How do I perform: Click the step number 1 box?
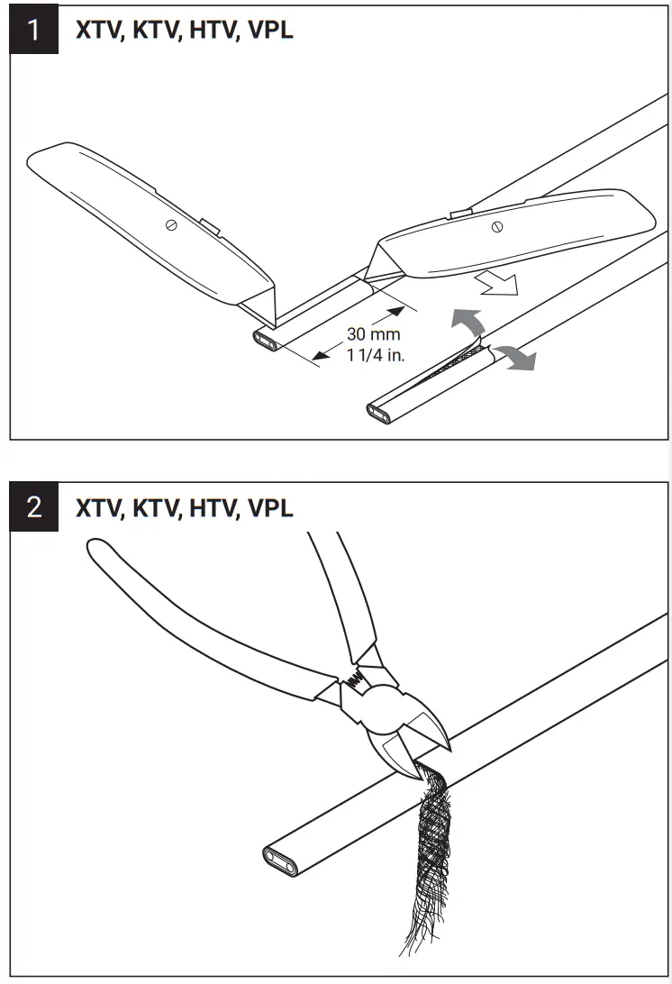(33, 31)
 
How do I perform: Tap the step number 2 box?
(33, 507)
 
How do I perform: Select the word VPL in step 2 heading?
(269, 507)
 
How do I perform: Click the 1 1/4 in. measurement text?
(376, 354)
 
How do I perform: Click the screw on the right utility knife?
(496, 228)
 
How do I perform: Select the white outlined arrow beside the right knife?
(498, 283)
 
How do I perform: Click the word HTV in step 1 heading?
(212, 31)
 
